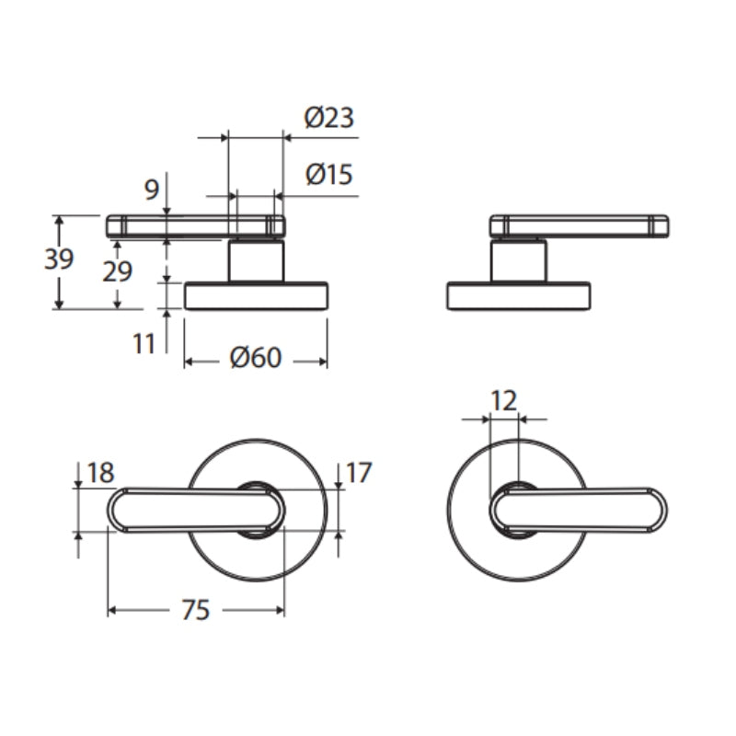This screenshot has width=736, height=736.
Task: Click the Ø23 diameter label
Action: pos(329,118)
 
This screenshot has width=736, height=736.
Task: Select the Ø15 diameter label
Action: pos(328,174)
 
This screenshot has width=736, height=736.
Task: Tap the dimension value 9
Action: pos(152,190)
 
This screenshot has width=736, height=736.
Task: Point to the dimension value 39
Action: pos(59,259)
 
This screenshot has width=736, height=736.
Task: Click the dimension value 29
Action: pos(118,271)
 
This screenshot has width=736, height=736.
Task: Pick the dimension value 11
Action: pos(144,344)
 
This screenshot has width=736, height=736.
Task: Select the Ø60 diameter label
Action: pos(256,358)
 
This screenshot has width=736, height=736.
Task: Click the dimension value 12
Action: pos(503,400)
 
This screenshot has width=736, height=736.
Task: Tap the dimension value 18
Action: pos(101,473)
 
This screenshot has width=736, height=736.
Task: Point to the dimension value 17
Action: pos(359,472)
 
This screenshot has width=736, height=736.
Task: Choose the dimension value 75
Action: pos(196,610)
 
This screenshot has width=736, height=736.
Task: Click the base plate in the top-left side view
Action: pos(257,295)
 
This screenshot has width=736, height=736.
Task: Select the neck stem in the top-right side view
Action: pos(518,260)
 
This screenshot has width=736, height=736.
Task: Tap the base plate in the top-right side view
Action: pos(518,295)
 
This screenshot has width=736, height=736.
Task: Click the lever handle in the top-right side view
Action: pos(580,225)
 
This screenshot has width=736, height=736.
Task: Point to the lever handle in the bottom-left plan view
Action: pos(196,511)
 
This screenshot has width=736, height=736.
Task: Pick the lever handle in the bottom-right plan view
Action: pos(579,511)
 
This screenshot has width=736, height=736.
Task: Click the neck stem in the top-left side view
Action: pos(257,260)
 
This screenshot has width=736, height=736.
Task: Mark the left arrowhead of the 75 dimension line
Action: pos(111,610)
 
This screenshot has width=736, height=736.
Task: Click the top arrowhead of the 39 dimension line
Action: pos(59,220)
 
